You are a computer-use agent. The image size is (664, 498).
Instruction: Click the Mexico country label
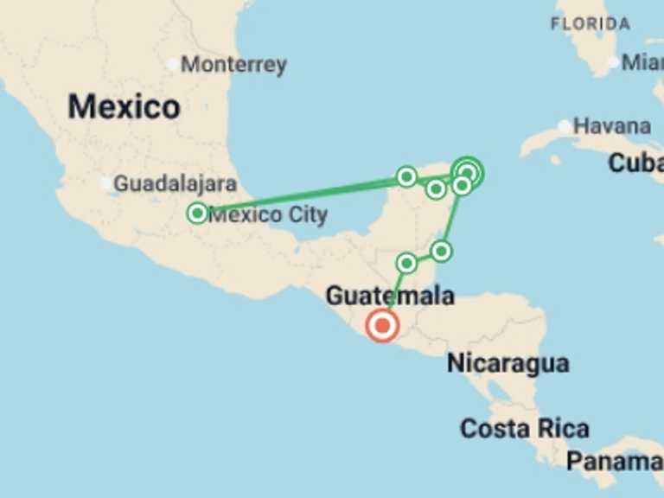tap(124, 107)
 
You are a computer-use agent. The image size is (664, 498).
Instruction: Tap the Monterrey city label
tap(233, 64)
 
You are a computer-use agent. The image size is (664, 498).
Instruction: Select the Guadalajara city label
tap(176, 183)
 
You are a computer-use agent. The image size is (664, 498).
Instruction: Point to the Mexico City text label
tap(268, 214)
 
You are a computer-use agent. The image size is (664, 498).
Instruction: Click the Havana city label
tap(611, 126)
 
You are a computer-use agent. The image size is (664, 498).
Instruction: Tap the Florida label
tap(591, 24)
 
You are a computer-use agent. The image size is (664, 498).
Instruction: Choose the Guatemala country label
tap(389, 296)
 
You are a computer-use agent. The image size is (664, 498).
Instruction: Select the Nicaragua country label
tap(508, 364)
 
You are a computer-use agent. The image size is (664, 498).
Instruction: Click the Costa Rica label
tap(524, 428)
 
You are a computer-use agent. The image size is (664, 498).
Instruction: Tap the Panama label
tap(614, 461)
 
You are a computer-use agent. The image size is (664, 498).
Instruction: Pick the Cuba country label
tap(635, 163)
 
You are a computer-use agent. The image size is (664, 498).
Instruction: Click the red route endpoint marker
tap(382, 326)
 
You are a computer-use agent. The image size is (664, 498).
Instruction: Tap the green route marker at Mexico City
tap(197, 213)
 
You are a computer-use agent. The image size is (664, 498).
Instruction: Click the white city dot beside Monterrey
tap(173, 64)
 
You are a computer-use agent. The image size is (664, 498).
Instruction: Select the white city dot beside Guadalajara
tap(106, 183)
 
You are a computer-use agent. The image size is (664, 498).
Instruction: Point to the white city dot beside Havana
tap(565, 127)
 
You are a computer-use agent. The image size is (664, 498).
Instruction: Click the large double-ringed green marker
tap(468, 171)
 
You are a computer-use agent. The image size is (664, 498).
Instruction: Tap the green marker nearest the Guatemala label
tap(406, 263)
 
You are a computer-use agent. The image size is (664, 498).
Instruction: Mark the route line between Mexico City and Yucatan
tap(303, 195)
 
